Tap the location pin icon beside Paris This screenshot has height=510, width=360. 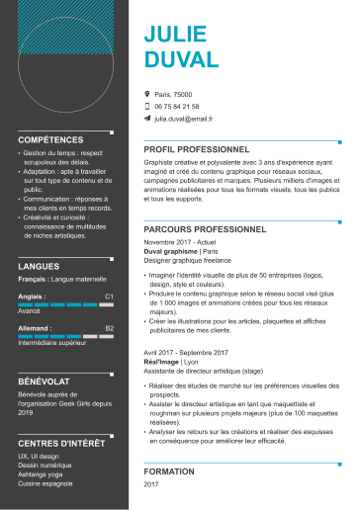tap(147, 94)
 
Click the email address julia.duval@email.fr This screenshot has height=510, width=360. tap(183, 118)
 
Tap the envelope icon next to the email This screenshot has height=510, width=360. tap(147, 118)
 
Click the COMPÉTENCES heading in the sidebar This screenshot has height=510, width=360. tap(51, 140)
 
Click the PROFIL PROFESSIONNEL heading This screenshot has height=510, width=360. tap(198, 149)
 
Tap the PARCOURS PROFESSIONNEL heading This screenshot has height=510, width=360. tap(206, 227)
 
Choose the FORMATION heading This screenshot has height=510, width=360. tap(169, 471)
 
